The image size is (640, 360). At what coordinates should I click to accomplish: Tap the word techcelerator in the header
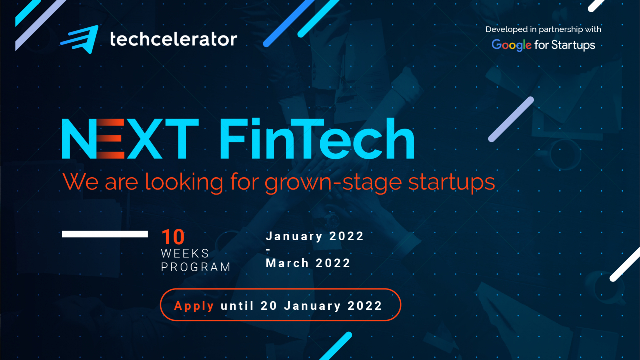173,39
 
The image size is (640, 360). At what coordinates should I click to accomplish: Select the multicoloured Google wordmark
511,45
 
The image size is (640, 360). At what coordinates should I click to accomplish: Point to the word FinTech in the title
317,139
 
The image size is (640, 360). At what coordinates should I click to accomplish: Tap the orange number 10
173,238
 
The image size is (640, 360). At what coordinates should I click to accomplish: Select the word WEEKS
185,253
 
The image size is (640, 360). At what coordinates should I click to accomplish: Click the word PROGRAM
196,267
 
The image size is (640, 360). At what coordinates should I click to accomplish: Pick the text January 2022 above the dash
315,236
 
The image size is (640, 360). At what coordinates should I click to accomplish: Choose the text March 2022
308,263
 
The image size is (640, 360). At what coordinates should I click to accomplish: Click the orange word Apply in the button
194,306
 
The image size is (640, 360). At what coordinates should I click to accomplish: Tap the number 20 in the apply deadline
270,306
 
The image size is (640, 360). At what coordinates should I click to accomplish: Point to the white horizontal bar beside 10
105,234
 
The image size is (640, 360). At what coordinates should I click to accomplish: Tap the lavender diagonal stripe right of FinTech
511,119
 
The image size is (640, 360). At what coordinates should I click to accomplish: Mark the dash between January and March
268,250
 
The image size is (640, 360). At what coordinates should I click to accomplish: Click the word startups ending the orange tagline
451,183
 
